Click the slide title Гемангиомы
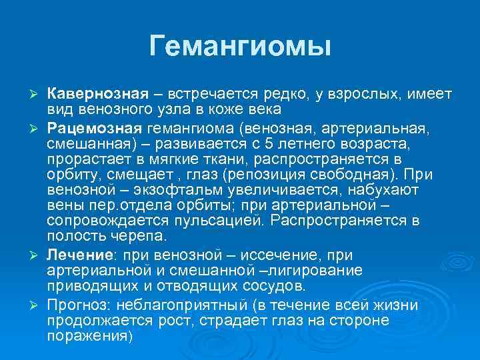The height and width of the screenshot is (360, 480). tap(240, 46)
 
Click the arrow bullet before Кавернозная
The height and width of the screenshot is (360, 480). tap(38, 94)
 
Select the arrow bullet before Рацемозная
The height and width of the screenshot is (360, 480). tap(38, 128)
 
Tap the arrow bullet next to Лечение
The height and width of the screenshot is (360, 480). tap(38, 256)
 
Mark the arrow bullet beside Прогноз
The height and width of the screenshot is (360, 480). tap(38, 306)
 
